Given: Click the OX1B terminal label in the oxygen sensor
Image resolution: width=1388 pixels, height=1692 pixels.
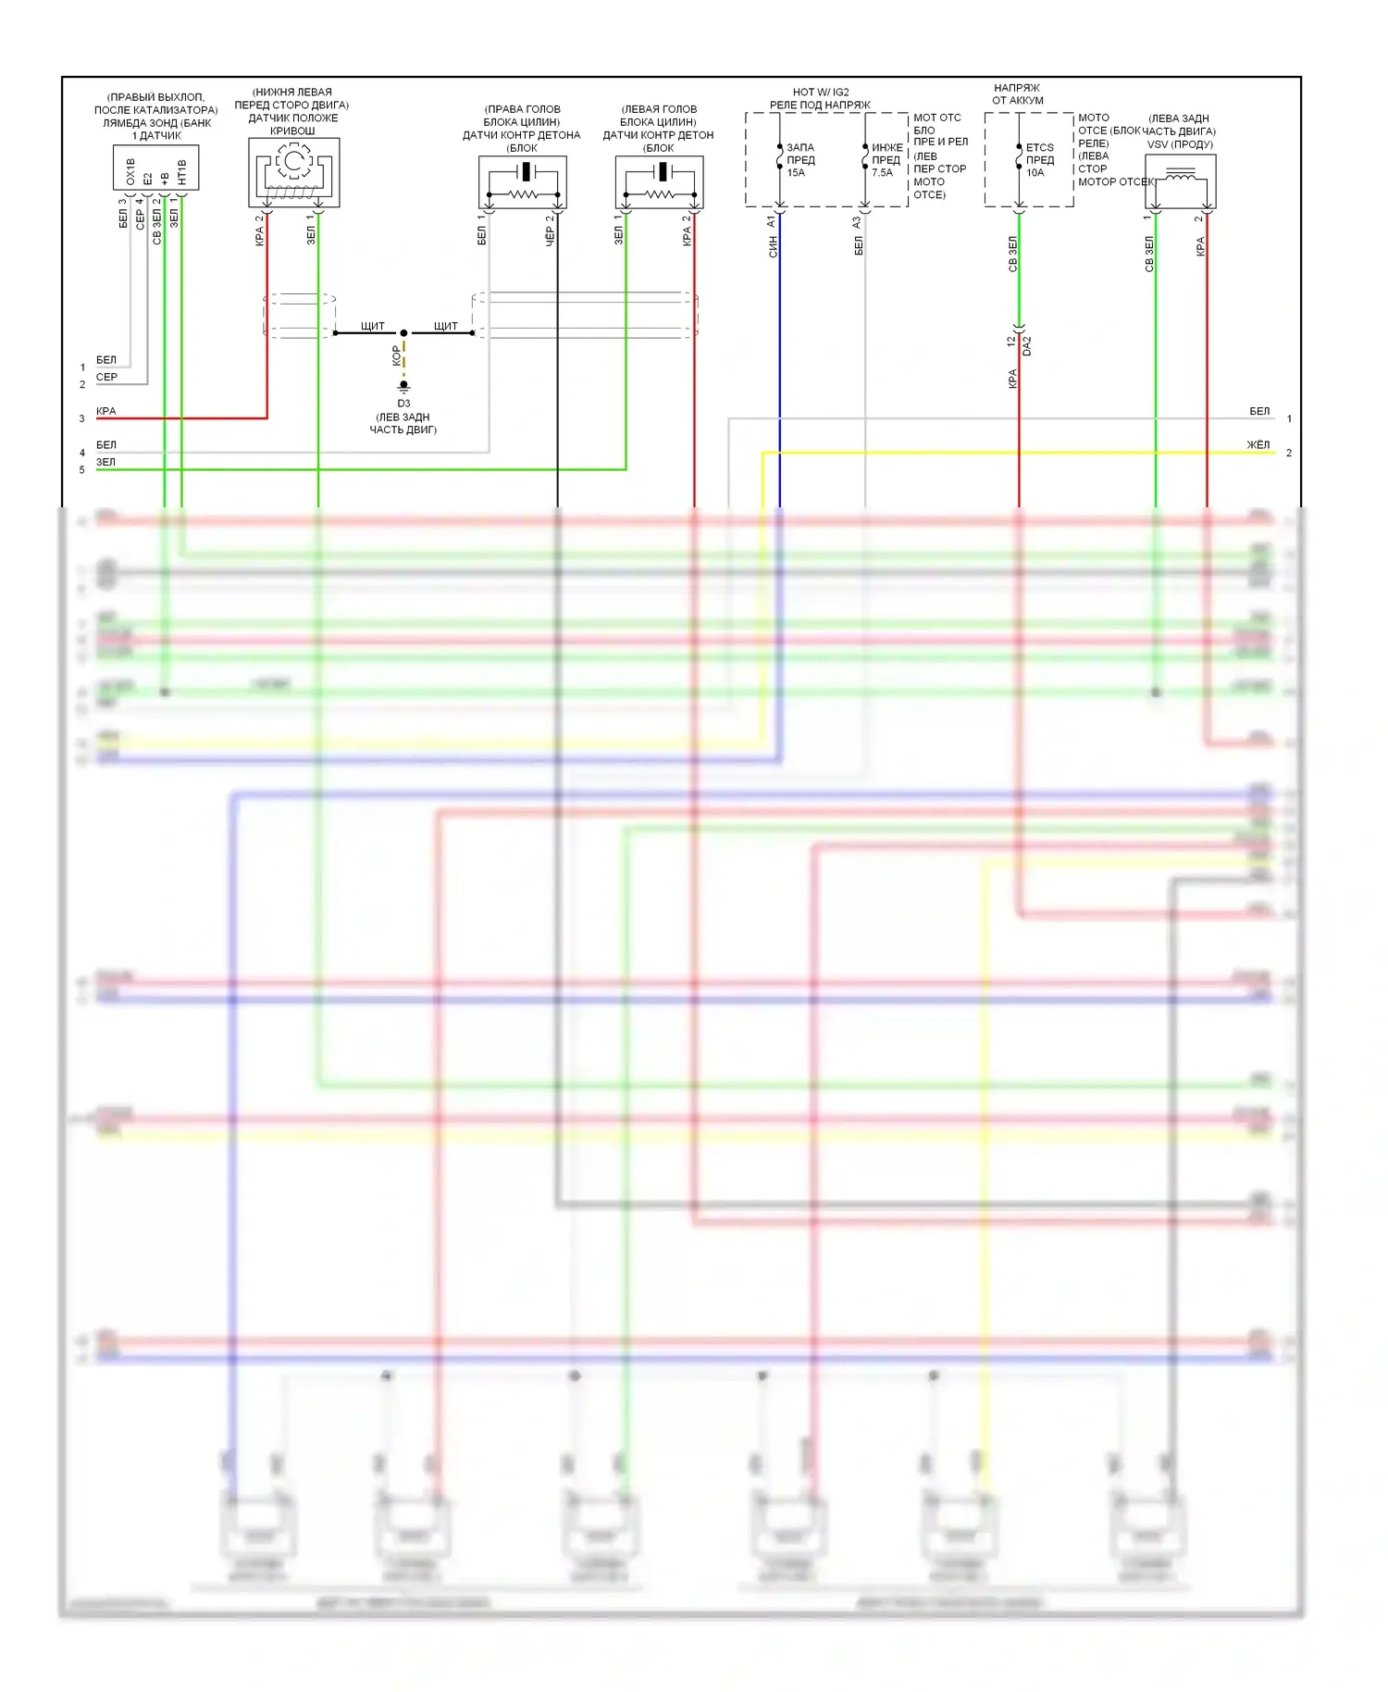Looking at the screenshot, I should click(130, 171).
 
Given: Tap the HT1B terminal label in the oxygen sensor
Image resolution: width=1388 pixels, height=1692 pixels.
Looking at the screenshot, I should click(182, 172).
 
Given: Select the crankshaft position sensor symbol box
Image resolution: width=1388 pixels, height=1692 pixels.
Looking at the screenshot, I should click(294, 172).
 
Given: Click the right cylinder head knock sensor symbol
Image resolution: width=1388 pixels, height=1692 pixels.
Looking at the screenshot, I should click(523, 181).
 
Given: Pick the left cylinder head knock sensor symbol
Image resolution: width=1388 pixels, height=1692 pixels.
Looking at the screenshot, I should click(660, 181).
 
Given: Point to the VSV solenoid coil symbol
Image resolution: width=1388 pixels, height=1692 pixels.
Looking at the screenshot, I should click(1181, 180).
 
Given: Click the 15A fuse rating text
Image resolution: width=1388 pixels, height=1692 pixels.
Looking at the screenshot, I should click(796, 173).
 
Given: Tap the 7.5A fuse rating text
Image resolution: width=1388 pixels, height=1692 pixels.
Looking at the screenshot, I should click(883, 173).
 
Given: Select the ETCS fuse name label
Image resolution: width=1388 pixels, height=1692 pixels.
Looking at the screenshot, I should click(1040, 147).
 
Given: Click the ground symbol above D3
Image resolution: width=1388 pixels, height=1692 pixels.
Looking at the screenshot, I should click(403, 386).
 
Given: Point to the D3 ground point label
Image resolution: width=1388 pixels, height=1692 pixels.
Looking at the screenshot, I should click(403, 404).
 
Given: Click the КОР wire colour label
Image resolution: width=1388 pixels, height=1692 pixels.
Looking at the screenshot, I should click(396, 355).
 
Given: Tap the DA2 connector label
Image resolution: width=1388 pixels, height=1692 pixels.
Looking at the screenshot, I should click(1027, 346).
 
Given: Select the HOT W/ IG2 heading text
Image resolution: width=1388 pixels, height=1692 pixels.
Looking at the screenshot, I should click(821, 93).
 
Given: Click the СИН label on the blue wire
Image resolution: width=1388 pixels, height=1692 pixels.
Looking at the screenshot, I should click(773, 246).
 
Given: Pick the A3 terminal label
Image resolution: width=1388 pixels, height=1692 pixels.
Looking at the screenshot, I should click(857, 222).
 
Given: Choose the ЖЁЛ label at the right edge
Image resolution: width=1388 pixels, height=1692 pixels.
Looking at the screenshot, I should click(1258, 445).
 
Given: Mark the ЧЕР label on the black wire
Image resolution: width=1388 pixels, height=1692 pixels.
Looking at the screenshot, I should click(550, 237).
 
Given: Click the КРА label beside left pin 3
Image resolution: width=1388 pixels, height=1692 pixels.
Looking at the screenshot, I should click(106, 411).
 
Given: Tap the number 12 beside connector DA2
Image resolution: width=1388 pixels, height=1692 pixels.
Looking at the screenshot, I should click(1011, 342).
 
